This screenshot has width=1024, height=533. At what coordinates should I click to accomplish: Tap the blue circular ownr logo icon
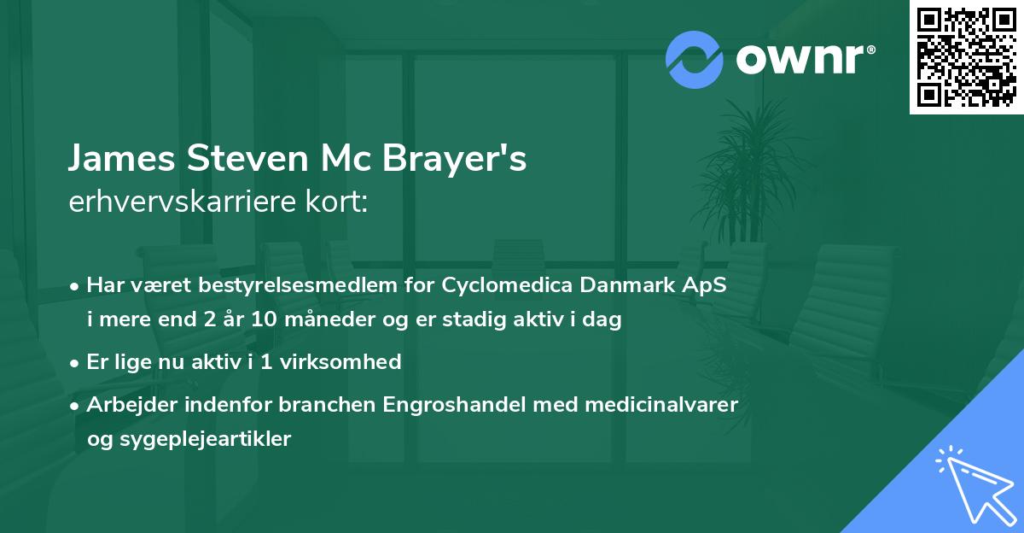694,59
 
